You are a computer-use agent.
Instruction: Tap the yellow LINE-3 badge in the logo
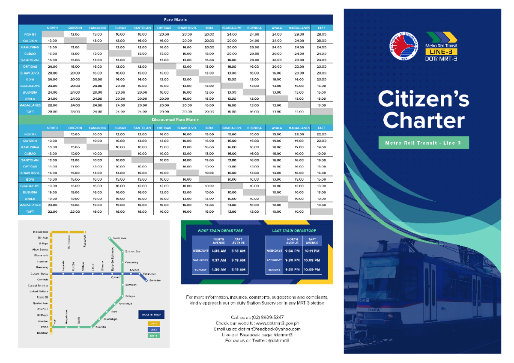pyautogui.click(x=441, y=51)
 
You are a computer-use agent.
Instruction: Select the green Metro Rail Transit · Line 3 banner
pyautogui.click(x=423, y=143)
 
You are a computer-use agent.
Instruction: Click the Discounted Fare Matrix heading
pyautogui.click(x=175, y=119)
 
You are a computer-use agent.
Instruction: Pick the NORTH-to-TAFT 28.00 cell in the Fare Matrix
pyautogui.click(x=321, y=34)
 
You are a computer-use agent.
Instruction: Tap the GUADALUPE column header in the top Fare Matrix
pyautogui.click(x=232, y=28)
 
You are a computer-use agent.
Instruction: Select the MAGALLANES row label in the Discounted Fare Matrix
pyautogui.click(x=30, y=205)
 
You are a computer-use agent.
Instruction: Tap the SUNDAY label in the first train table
pyautogui.click(x=200, y=270)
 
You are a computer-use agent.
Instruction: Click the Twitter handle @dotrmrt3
pyautogui.click(x=279, y=340)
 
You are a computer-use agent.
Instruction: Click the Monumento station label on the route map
pyautogui.click(x=40, y=232)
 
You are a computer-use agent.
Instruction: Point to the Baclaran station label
pyautogui.click(x=42, y=333)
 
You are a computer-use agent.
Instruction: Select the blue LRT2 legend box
pyautogui.click(x=153, y=330)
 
